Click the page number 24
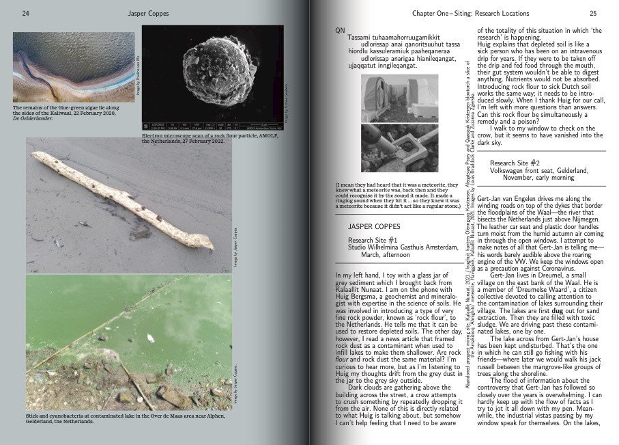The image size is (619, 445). coord(25,13)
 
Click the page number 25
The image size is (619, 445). coord(592,13)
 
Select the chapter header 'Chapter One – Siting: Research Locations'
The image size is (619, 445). coord(485,13)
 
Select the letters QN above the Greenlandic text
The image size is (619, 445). coord(341,31)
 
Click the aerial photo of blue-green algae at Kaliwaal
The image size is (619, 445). coord(74,67)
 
